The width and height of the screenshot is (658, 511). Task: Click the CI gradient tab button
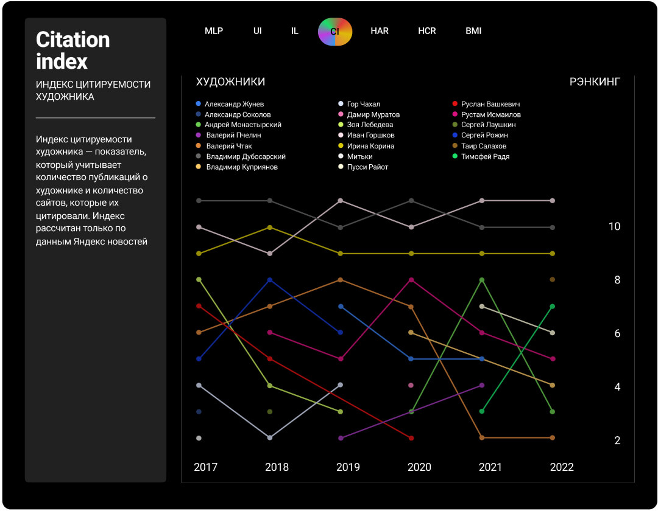pos(335,31)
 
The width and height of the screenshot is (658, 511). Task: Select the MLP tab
pos(214,31)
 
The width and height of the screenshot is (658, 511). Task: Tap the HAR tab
pos(380,31)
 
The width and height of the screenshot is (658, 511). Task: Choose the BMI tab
pos(473,31)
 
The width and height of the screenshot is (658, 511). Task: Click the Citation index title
pos(73,50)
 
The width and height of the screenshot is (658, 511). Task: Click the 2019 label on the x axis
pos(348,467)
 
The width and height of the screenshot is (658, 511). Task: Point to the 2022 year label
pos(562,467)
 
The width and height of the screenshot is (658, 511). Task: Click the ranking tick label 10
pos(614,226)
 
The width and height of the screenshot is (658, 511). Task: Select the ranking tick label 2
pos(617,440)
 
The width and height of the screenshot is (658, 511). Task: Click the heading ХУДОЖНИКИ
pos(230,82)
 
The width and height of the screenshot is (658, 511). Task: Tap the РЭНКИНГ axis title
pos(595,82)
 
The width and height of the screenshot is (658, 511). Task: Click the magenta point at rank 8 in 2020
pos(411,280)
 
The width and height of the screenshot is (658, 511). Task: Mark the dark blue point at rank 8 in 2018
pos(270,280)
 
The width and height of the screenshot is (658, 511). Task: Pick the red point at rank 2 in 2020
pos(411,438)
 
